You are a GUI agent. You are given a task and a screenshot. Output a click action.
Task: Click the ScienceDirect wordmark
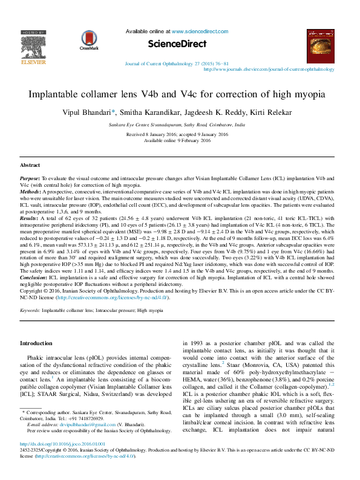(180, 44)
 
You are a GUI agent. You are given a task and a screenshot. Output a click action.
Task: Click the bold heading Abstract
(30, 165)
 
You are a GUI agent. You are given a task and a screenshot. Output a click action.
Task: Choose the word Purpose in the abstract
(30, 180)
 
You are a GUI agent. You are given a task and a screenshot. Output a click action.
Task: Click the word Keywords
(30, 310)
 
